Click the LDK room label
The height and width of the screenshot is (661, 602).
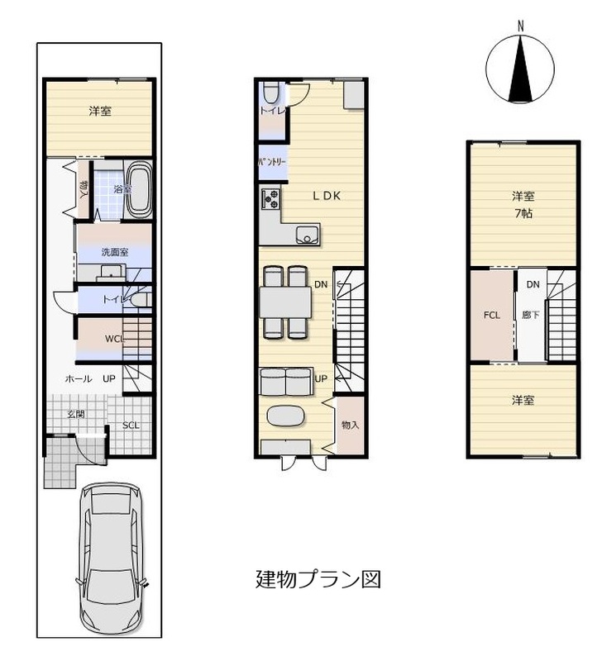point(327,196)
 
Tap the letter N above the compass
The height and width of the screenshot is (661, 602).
point(521,26)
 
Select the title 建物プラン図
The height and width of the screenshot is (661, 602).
point(318,579)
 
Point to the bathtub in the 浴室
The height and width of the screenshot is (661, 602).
point(139,189)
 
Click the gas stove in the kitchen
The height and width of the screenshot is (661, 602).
point(270,199)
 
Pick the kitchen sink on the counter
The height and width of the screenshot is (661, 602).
point(308,235)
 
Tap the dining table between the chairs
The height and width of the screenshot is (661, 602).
point(285,302)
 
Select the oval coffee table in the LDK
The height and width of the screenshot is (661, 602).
point(285,416)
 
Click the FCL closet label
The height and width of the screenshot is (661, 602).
point(492,315)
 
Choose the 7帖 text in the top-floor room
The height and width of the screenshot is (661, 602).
point(523,213)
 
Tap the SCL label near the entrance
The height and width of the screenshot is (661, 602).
point(131,426)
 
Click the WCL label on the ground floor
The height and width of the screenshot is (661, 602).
point(114,339)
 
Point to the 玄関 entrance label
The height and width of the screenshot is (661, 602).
point(76,414)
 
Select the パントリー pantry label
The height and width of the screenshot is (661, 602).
point(273,162)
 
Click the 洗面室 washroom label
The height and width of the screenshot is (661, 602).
point(115,252)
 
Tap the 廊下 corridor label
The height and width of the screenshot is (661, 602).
point(531,315)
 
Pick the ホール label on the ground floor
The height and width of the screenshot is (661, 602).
point(79,378)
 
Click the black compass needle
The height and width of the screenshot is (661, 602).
point(521,69)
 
